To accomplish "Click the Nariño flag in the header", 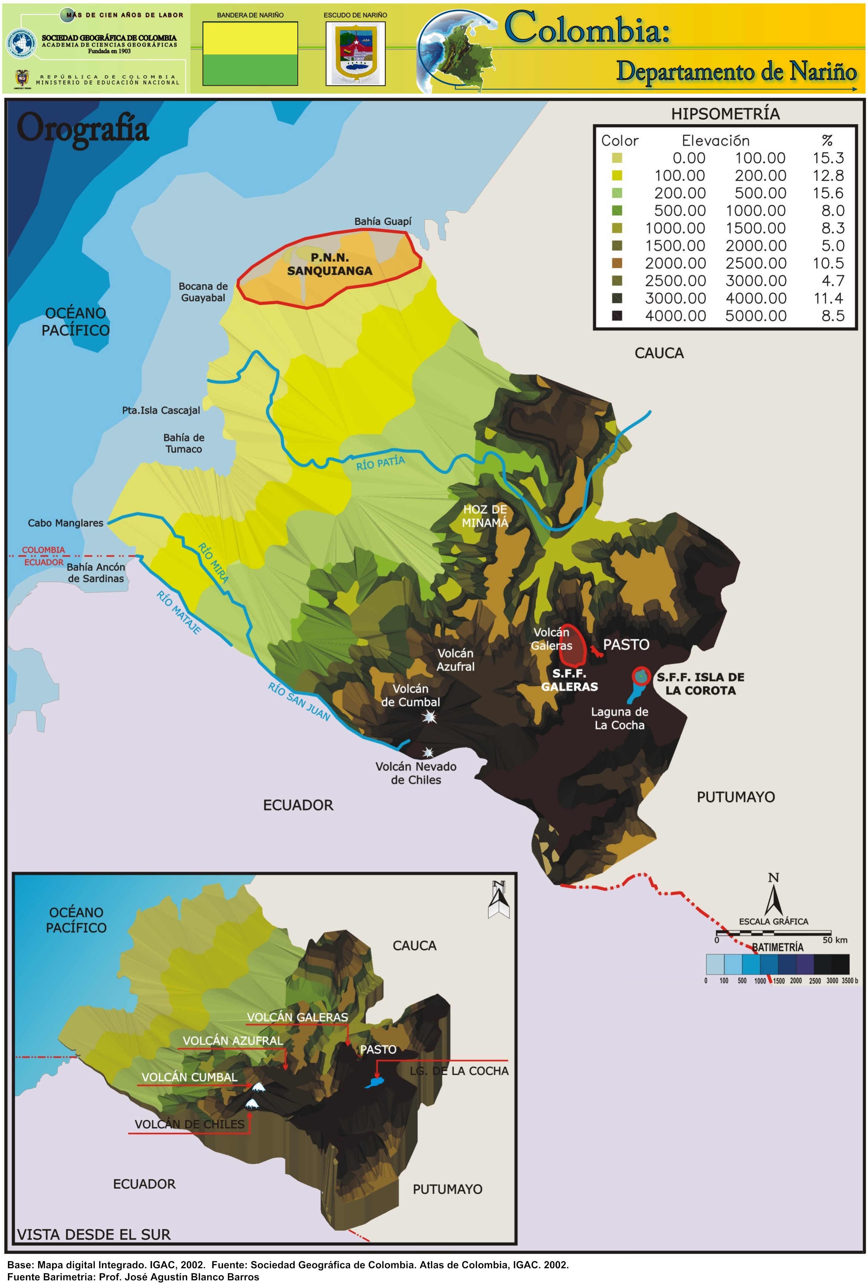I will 250,54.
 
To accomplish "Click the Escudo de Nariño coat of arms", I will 355,54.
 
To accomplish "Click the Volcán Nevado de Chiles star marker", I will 428,752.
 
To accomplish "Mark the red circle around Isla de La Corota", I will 641,675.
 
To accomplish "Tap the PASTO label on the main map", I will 626,645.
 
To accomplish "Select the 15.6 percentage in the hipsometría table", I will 828,193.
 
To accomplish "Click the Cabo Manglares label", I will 65,523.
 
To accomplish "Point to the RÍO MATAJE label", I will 179,612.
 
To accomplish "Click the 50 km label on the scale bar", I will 834,940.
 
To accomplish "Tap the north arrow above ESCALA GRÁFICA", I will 773,896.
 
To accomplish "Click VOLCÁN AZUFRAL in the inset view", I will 233,1040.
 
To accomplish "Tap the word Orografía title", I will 83,129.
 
